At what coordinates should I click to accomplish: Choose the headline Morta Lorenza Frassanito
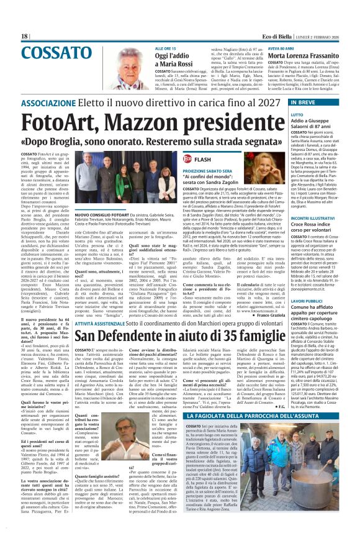(284, 55)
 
